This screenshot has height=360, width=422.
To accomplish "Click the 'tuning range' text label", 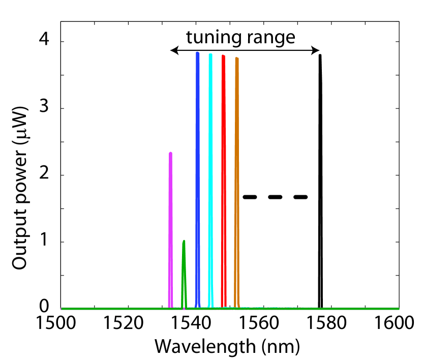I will tap(240, 37).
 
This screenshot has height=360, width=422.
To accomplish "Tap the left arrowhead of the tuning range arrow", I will tap(173, 50).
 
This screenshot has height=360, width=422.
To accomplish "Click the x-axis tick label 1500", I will tap(61, 323).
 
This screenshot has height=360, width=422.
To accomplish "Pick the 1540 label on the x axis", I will tap(196, 323).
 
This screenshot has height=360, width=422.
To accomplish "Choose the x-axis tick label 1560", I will tap(263, 323).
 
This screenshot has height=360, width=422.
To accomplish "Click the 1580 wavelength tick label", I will tap(331, 323).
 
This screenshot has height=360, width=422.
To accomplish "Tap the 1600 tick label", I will tap(398, 323).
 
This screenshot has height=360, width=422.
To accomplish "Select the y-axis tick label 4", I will tap(46, 42).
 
